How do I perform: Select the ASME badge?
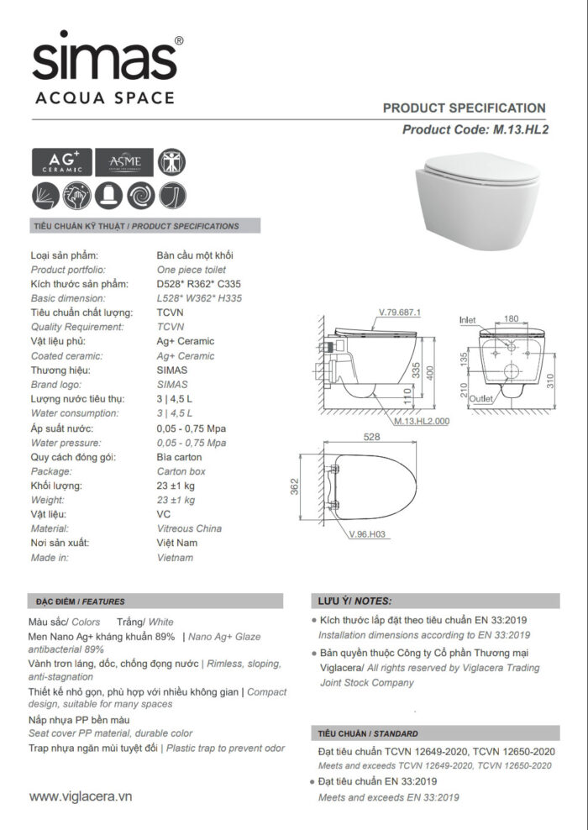click(x=123, y=162)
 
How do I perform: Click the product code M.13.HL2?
click(x=517, y=129)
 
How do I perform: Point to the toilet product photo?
click(x=480, y=198)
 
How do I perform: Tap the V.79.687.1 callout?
click(x=399, y=313)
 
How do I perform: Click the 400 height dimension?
click(x=428, y=370)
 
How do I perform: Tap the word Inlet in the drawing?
click(x=468, y=321)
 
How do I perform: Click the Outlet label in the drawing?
click(x=481, y=399)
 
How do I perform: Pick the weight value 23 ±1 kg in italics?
click(x=176, y=500)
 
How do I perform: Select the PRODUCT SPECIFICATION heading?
click(x=464, y=108)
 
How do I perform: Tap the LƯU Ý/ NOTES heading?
click(x=355, y=601)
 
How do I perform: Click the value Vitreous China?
click(x=189, y=528)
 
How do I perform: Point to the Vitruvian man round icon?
click(x=172, y=161)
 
